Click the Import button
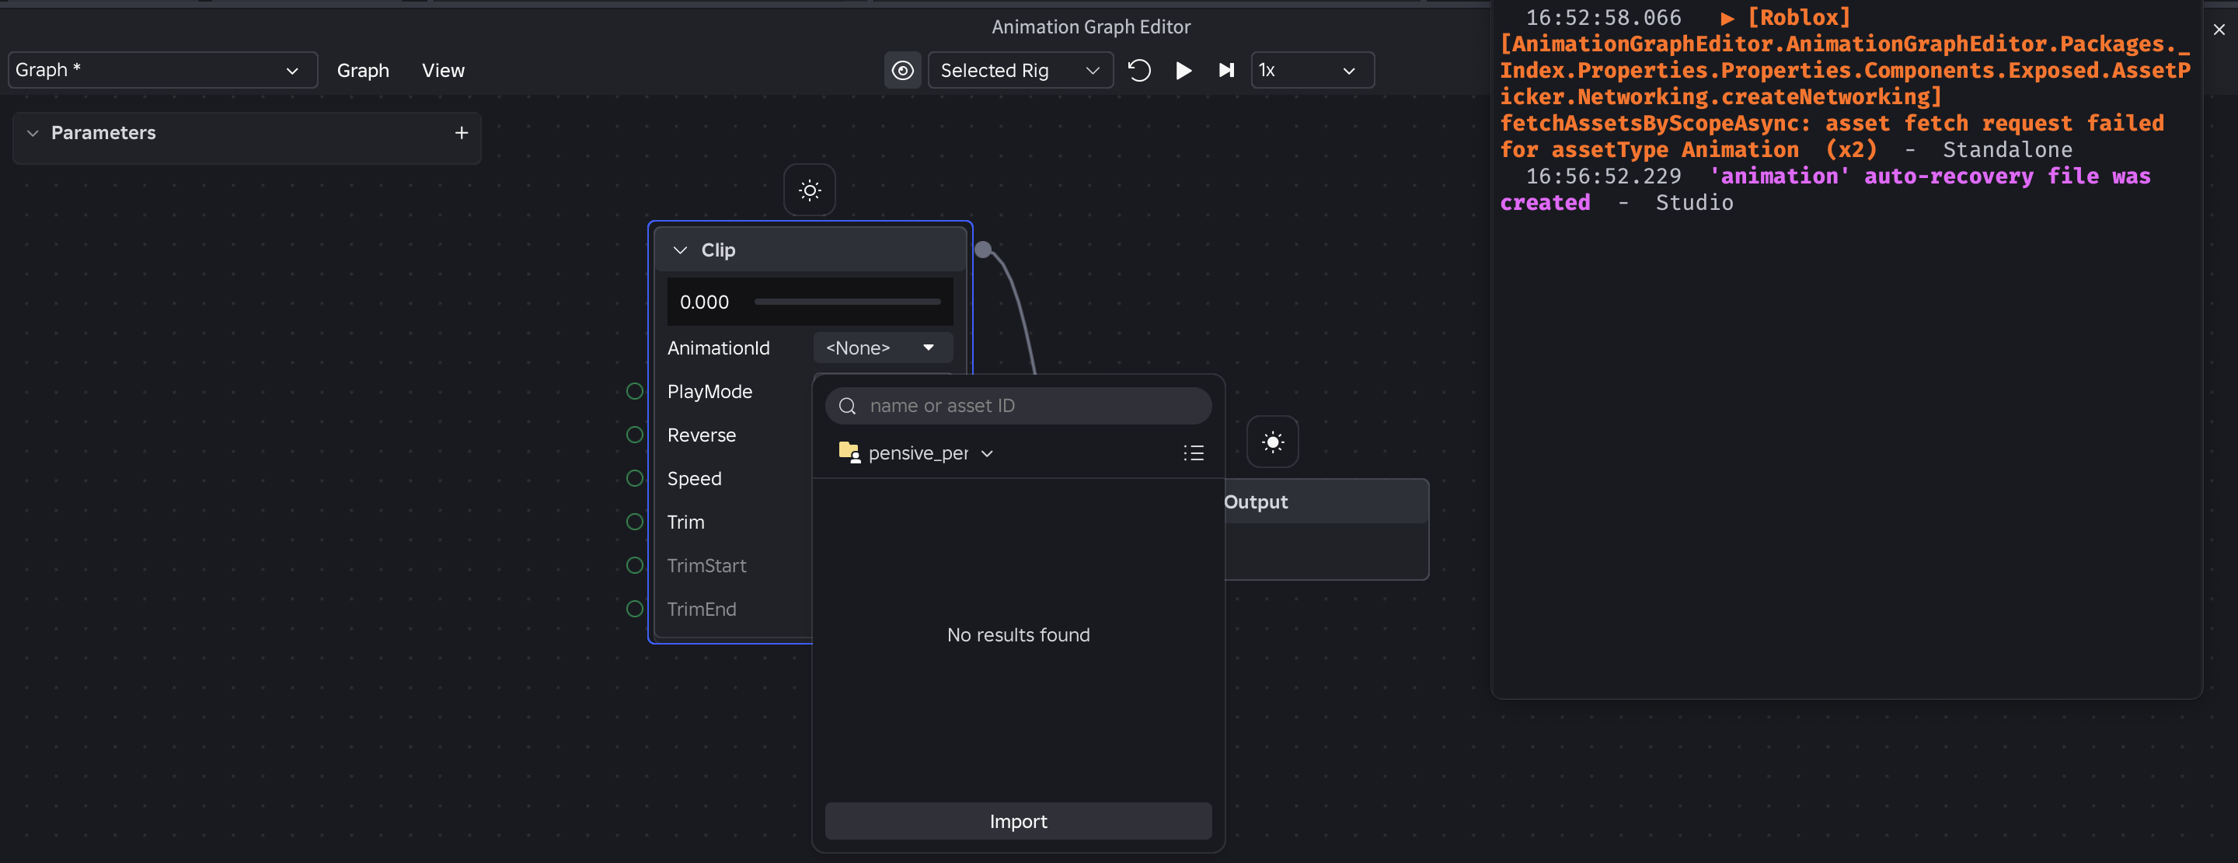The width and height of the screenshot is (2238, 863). [x=1018, y=821]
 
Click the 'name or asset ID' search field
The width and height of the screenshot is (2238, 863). [x=1018, y=406]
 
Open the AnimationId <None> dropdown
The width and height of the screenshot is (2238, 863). [x=883, y=348]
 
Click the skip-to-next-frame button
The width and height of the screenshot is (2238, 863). [x=1226, y=71]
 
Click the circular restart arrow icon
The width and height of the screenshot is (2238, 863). [x=1139, y=71]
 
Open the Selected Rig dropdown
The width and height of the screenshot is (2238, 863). [x=1021, y=71]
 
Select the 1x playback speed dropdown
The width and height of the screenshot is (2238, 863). [x=1312, y=71]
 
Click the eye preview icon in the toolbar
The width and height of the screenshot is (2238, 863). [x=903, y=71]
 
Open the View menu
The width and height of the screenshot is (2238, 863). [x=443, y=71]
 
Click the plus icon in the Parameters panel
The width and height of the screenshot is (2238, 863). [x=462, y=133]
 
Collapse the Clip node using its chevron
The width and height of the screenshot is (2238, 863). [x=680, y=250]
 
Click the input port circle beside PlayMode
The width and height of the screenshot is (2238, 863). [x=635, y=391]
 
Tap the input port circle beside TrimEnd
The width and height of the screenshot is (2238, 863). [x=635, y=608]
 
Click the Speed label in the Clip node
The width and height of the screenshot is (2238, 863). [x=694, y=479]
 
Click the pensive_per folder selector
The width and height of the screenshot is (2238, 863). [x=917, y=452]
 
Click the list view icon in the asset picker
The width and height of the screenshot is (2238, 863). [x=1194, y=452]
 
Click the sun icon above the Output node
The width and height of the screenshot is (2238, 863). [x=1273, y=442]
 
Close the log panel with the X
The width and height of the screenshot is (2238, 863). [x=2219, y=30]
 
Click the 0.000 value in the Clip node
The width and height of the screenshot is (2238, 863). [x=705, y=302]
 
